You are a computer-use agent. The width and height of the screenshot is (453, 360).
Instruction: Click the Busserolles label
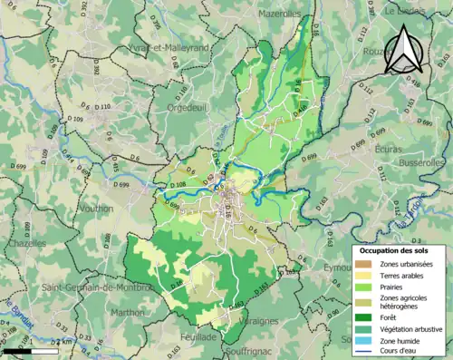click(x=421, y=160)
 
